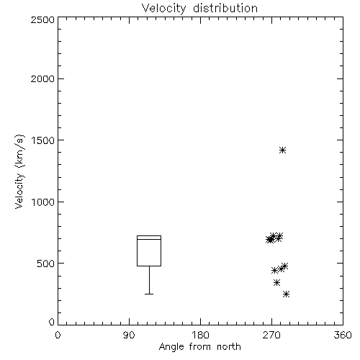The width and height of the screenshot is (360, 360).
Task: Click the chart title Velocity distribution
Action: (199, 8)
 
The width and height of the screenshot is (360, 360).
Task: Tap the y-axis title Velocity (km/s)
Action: (19, 171)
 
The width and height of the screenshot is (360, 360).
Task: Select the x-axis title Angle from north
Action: (199, 347)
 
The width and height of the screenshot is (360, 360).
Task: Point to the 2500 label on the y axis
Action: (42, 19)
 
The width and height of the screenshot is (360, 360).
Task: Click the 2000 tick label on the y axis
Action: (42, 78)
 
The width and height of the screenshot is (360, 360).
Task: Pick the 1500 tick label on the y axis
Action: (43, 140)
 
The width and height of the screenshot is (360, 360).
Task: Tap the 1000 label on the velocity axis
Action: (43, 202)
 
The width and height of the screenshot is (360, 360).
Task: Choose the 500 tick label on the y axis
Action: (46, 264)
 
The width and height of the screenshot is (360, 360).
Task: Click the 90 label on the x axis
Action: (129, 335)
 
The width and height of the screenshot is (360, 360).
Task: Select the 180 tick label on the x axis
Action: (200, 335)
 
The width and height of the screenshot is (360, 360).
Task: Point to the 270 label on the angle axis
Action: (271, 335)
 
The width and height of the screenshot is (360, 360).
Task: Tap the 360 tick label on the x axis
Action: (343, 335)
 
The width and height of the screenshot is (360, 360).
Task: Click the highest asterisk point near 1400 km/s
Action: (282, 150)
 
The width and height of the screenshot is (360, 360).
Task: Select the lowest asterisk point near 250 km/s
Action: (286, 294)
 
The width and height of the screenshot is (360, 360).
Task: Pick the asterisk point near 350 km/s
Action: (276, 282)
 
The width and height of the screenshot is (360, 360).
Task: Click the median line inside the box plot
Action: (149, 239)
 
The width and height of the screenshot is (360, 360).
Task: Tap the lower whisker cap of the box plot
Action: (149, 294)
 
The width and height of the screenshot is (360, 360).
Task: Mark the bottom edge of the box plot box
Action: (149, 266)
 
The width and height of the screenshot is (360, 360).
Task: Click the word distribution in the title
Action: (225, 8)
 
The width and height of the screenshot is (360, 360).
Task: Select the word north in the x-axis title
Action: (229, 347)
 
